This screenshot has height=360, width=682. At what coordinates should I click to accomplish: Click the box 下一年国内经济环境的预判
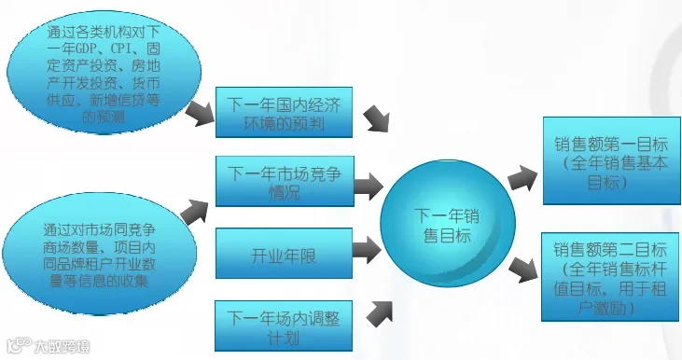pos(284,112)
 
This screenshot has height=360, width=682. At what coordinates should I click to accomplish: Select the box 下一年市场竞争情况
pos(285,181)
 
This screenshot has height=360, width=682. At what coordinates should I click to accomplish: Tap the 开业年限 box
pos(284,253)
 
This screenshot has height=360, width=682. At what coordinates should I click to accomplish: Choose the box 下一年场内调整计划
pos(284,325)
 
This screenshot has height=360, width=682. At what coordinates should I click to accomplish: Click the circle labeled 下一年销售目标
pos(448,224)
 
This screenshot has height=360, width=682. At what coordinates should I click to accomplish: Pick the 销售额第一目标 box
pos(611,160)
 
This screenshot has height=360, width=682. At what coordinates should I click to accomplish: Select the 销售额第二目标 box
pos(610,277)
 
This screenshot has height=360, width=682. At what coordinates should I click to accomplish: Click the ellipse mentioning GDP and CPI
pos(104,72)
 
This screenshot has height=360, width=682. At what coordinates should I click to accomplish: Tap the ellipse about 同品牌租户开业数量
pos(100,254)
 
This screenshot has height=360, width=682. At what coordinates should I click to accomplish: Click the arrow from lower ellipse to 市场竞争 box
pos(194,212)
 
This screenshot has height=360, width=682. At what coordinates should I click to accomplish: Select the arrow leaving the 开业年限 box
pos(367,250)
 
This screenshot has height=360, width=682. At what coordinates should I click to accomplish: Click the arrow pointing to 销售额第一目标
pos(522,177)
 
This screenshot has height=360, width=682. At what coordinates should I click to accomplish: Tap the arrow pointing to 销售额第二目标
pos(523,270)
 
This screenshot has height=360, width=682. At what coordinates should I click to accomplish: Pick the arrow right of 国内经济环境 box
pos(377,118)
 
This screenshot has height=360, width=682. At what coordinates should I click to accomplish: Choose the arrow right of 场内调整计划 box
pos(380,313)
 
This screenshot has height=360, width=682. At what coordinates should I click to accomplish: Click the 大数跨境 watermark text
pos(62,347)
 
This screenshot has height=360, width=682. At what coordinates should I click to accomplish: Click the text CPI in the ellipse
pos(124,48)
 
